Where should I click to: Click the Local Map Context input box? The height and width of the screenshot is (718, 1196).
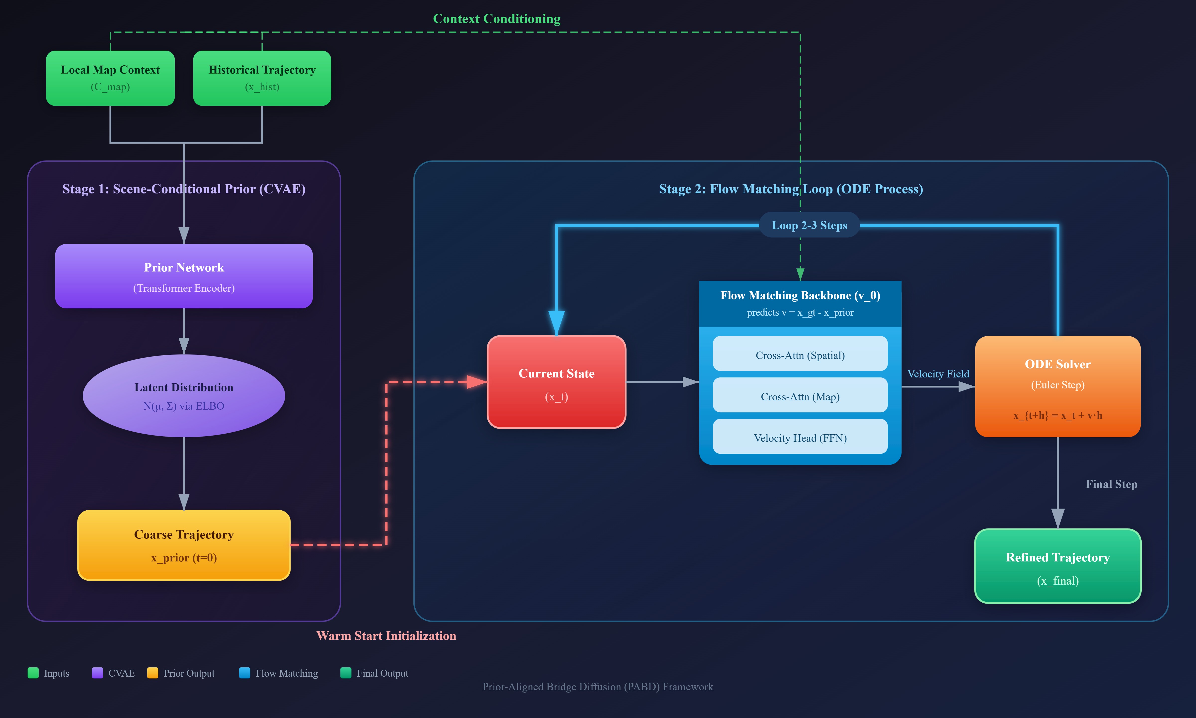coord(110,78)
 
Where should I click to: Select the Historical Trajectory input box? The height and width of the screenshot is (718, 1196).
coord(262,78)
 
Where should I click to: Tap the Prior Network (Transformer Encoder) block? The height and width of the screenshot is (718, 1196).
coord(184,276)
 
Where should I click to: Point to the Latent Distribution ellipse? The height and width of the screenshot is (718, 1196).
coord(184,396)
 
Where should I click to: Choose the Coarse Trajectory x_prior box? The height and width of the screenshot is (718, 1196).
coord(184,545)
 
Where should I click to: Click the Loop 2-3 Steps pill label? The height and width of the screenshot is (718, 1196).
coord(809,225)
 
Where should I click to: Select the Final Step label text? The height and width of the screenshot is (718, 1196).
coord(1111,484)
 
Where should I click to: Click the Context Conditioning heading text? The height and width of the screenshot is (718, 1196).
coord(497,19)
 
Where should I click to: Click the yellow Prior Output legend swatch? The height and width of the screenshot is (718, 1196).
coord(153,673)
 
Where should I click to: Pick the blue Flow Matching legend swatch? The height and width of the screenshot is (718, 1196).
coord(245,673)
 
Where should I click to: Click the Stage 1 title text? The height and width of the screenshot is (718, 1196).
coord(184,189)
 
